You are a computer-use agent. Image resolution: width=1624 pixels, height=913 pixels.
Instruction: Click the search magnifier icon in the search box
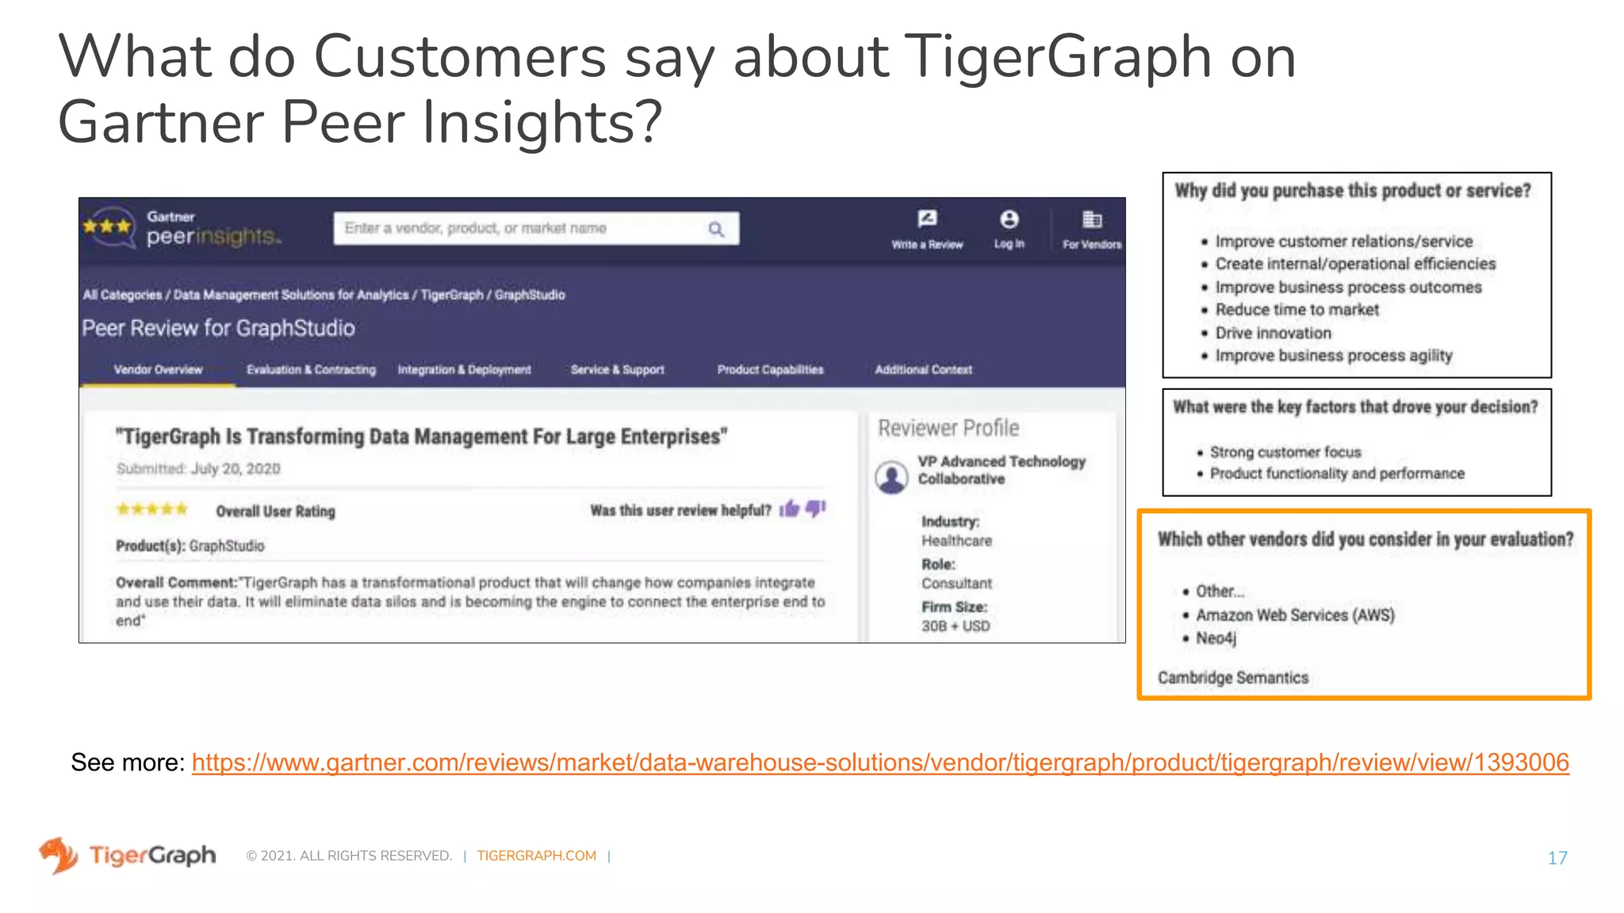pos(715,229)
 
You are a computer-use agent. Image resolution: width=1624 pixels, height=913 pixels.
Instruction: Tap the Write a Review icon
pos(926,220)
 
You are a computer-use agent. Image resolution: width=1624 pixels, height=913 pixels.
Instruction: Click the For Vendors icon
pos(1092,220)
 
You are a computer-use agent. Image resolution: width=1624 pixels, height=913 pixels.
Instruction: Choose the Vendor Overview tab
pos(158,370)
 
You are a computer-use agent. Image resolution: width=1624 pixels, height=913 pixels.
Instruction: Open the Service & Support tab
pos(617,370)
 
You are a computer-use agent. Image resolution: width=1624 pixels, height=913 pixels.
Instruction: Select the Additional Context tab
pos(923,370)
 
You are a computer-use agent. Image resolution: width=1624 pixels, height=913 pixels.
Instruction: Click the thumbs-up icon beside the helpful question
pos(789,509)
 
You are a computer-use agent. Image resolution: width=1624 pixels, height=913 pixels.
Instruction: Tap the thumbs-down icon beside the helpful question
pos(815,509)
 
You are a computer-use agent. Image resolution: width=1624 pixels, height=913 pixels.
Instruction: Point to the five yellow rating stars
pos(152,510)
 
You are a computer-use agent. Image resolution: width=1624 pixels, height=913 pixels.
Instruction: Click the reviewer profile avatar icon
pos(891,477)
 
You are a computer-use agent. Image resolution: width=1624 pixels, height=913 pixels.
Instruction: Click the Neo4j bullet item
pos(1216,639)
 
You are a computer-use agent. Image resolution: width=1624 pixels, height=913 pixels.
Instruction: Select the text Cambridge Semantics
pos(1232,678)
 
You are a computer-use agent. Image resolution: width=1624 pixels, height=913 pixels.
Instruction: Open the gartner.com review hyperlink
pos(880,762)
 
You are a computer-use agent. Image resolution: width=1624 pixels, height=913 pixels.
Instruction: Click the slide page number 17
pos(1557,858)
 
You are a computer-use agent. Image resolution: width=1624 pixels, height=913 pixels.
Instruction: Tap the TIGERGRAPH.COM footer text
pos(536,856)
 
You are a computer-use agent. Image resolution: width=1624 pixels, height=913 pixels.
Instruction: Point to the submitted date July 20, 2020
pos(236,468)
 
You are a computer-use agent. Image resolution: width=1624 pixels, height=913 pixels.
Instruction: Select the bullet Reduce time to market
pos(1297,310)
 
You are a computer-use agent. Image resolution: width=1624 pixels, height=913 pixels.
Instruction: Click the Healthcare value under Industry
pos(956,541)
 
